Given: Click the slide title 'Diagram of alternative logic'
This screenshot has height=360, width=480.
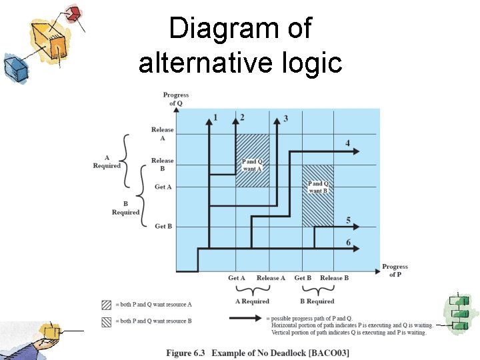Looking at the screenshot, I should coord(240,45).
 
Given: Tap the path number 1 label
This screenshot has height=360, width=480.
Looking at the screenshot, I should coord(215,118).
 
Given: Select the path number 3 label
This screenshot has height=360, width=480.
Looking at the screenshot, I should coord(286,119).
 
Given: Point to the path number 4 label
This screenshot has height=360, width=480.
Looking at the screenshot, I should coord(347,143).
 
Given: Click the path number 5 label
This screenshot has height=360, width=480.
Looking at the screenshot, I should coord(348,220).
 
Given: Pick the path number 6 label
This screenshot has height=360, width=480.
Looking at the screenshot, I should coord(348,242).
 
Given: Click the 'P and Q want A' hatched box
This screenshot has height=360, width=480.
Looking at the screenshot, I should coord(252,160).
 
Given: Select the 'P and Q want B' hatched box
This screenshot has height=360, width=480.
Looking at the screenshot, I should coord(318,195).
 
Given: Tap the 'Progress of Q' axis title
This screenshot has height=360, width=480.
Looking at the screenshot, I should coord(176,99).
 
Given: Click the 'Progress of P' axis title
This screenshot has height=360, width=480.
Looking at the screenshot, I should coord(395,270).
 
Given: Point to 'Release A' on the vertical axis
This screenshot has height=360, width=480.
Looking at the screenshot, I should coord(162,133).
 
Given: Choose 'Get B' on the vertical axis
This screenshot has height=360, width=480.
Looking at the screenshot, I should coord(163,227).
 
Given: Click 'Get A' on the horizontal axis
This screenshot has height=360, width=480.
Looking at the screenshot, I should coord(237,278).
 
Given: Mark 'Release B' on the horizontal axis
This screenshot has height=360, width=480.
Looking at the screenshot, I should coord(334,278).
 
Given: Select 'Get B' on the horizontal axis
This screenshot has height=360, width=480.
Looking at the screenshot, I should coord(303,278).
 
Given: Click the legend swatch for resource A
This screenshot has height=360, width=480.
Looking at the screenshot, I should coord(106,305).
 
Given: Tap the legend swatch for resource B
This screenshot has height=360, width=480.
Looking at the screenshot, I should coord(106,321).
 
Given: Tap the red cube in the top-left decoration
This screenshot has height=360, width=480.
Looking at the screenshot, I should coord(74,13).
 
